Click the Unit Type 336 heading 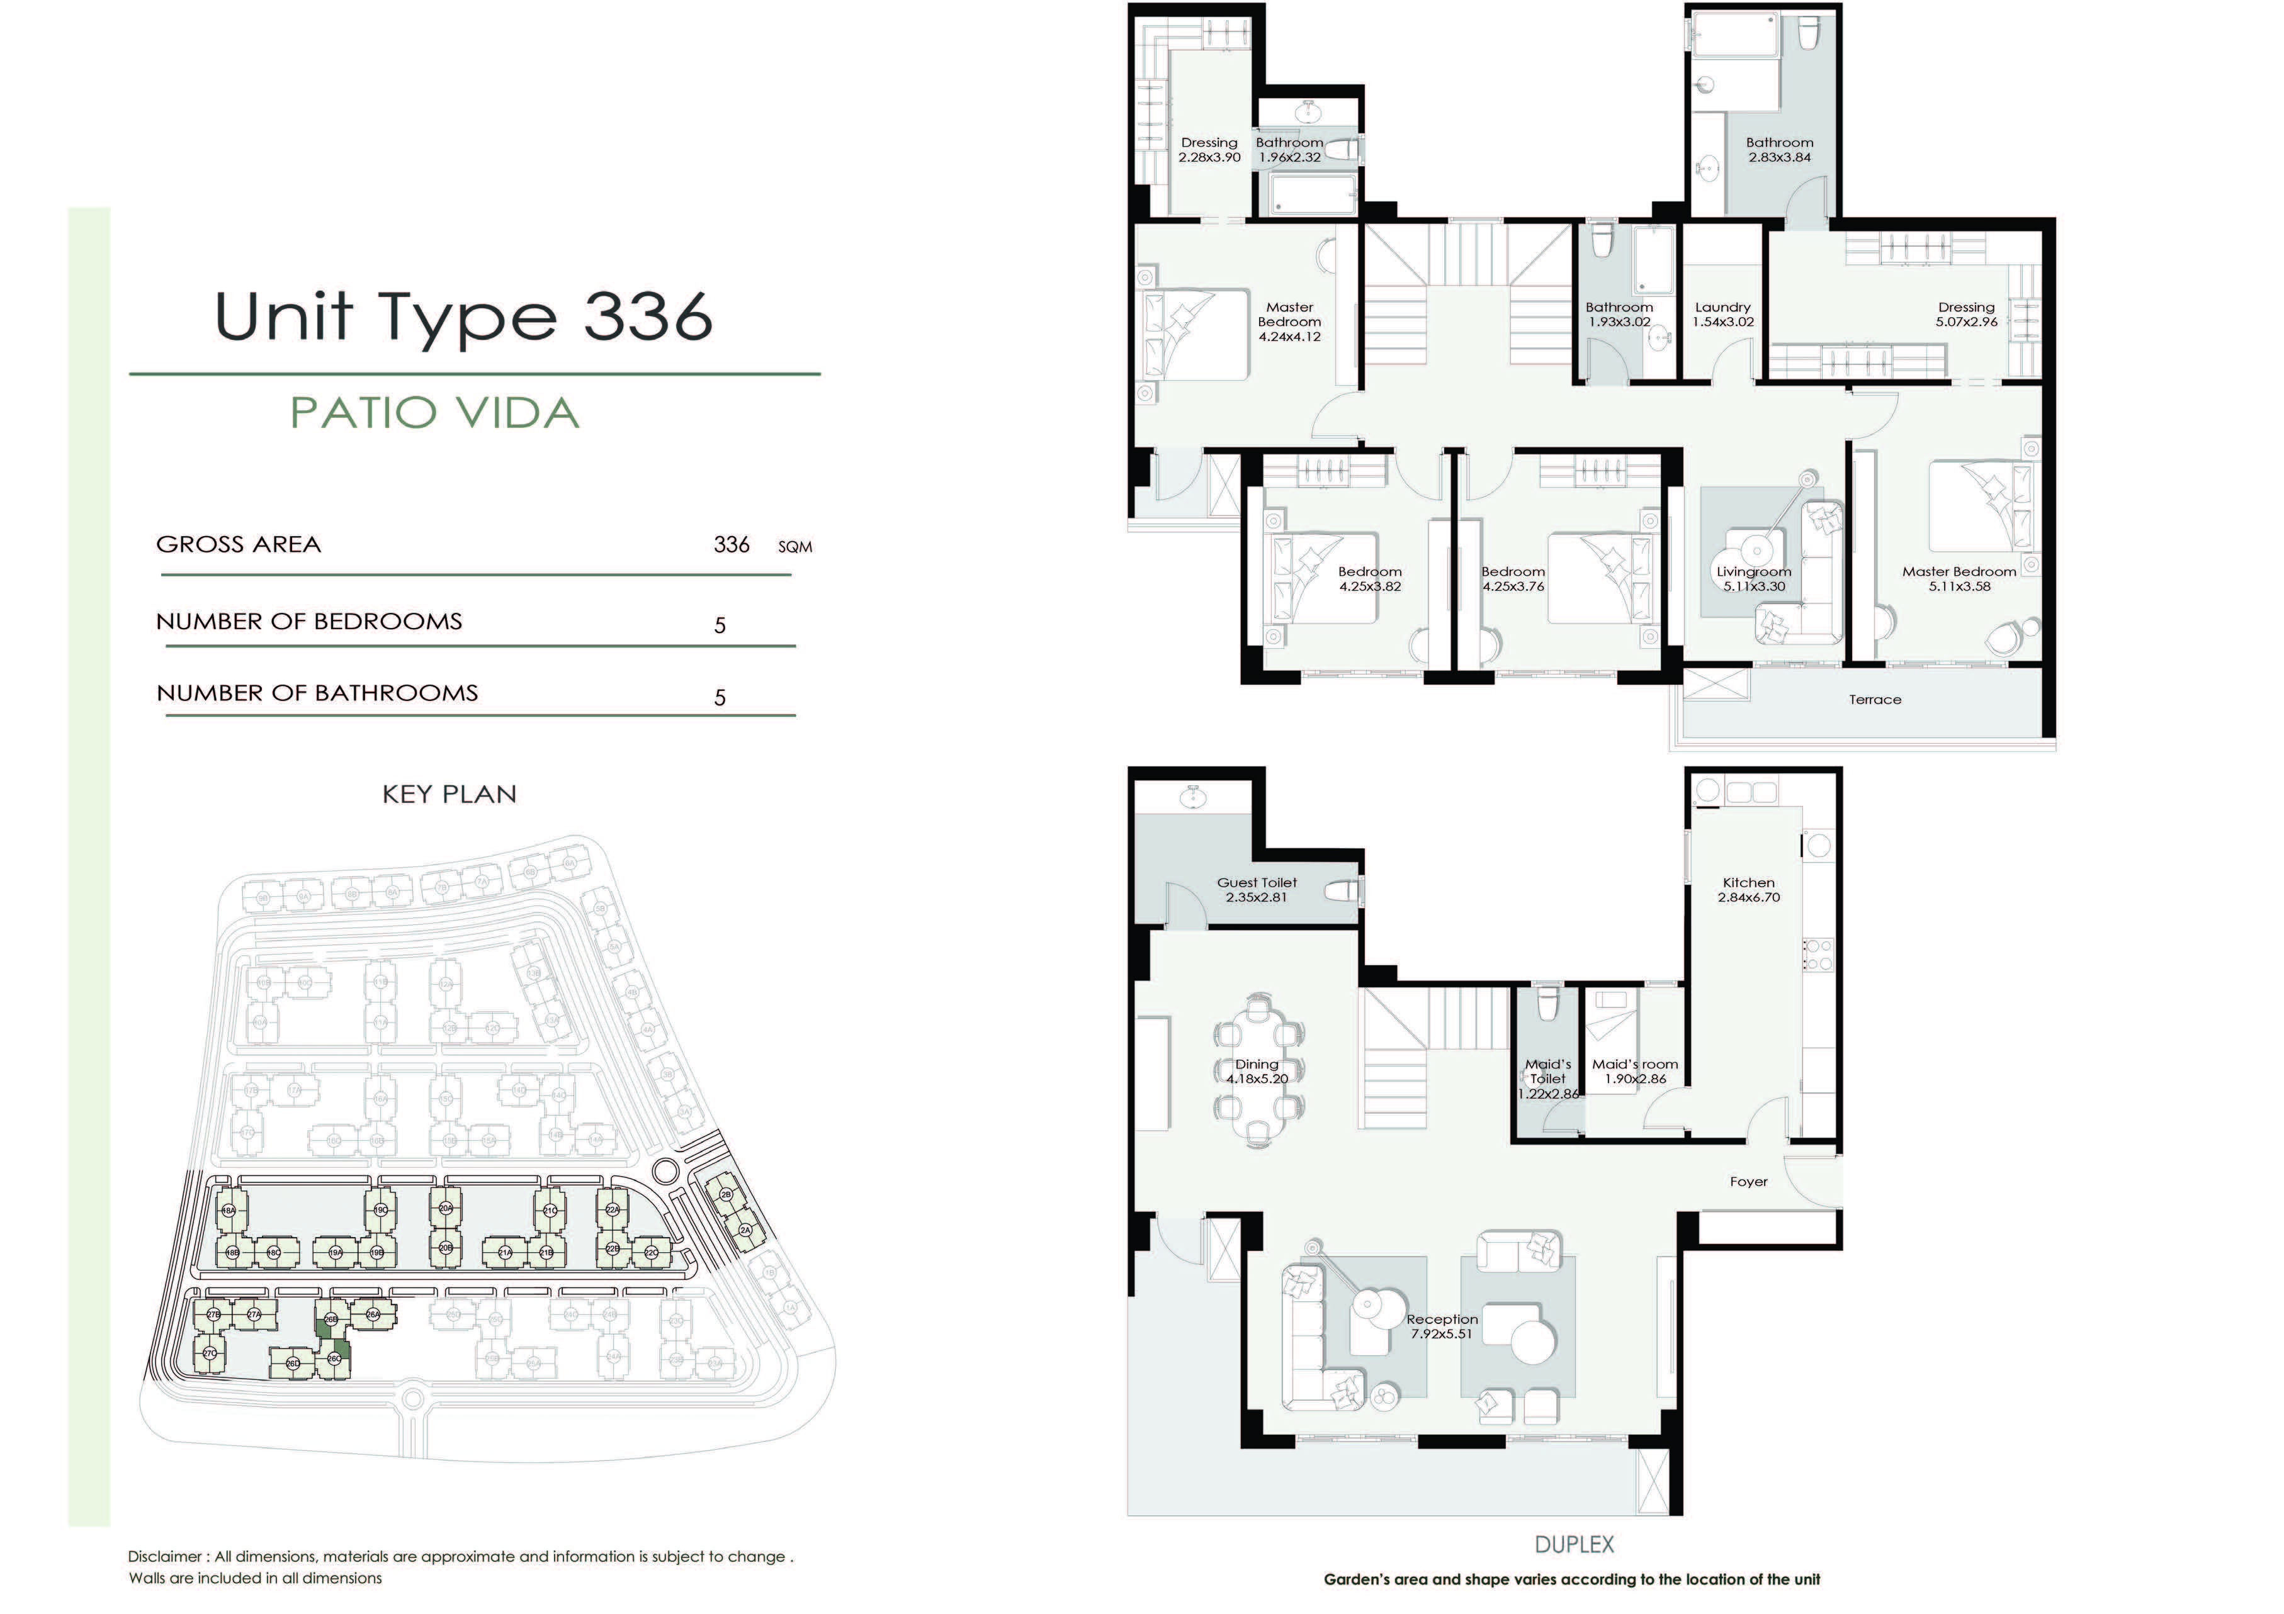click(x=463, y=317)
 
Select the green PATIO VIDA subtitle click(x=435, y=413)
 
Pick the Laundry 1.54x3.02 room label click(x=1723, y=314)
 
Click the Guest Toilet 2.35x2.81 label click(x=1257, y=889)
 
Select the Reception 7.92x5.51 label click(x=1442, y=1326)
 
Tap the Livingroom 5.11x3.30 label click(x=1754, y=579)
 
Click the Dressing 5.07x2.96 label click(x=1965, y=314)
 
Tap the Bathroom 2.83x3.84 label click(x=1780, y=149)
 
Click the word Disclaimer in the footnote click(x=166, y=1556)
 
